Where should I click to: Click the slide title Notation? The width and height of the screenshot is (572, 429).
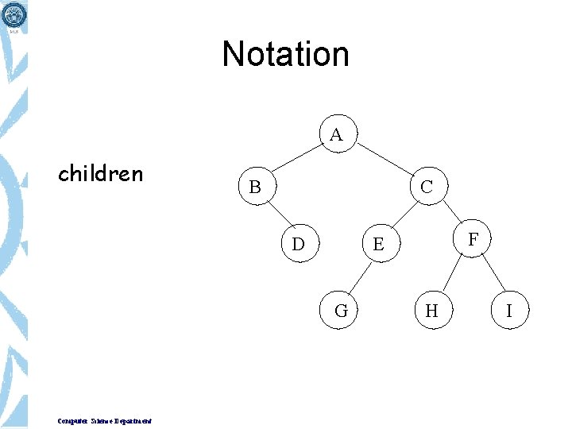tap(285, 54)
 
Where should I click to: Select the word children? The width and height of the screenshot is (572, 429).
tap(100, 173)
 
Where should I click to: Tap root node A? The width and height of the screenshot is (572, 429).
tap(336, 135)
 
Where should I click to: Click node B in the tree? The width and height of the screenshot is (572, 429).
tap(254, 187)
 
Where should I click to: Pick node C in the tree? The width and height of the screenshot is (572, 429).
tap(427, 187)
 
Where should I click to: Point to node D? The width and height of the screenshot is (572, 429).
tap(298, 244)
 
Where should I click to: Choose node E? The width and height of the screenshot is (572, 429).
tap(378, 244)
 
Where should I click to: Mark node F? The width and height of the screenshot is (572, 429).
tap(473, 238)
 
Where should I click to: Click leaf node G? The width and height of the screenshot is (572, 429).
tap(341, 311)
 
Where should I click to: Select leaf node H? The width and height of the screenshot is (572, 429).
tap(431, 311)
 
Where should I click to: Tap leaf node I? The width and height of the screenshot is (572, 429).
tap(508, 311)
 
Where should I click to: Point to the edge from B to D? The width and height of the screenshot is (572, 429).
tap(276, 215)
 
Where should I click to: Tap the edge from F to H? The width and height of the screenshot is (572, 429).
tap(452, 275)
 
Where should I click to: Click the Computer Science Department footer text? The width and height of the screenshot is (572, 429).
tap(105, 420)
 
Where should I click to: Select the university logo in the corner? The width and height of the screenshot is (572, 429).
tap(15, 17)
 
